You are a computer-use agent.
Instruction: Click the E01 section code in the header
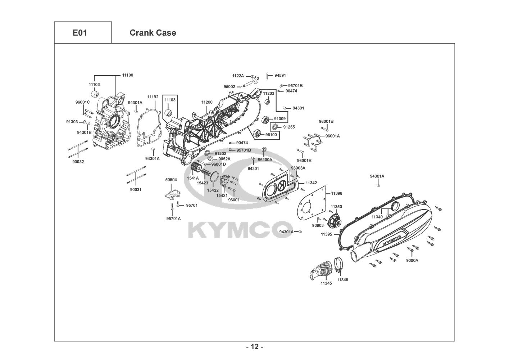point(80,33)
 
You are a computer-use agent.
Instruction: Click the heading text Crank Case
point(153,33)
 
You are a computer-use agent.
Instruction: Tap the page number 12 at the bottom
point(254,347)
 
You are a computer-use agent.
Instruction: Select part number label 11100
point(127,75)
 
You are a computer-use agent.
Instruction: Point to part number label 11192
point(153,97)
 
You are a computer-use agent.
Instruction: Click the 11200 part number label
point(207,102)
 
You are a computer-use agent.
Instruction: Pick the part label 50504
point(171,179)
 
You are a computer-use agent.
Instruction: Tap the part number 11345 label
point(326,283)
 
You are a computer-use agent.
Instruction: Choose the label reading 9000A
point(412,260)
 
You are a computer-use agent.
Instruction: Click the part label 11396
point(337,194)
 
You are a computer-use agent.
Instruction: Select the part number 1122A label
point(238,76)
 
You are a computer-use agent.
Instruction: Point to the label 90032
point(78,162)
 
